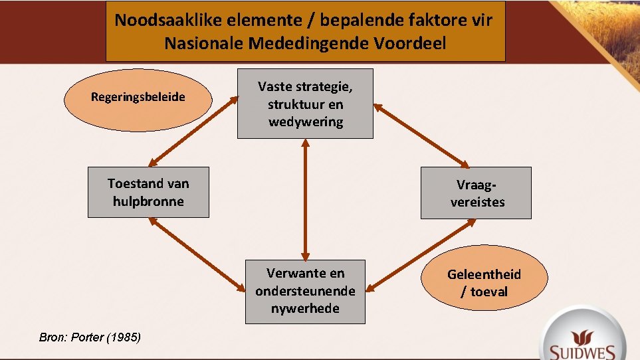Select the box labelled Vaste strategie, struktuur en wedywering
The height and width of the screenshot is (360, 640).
click(x=305, y=104)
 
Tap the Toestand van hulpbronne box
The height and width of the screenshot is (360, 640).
click(x=148, y=192)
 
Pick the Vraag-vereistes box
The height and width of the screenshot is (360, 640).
click(x=477, y=193)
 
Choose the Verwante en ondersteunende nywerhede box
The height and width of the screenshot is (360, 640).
click(x=305, y=291)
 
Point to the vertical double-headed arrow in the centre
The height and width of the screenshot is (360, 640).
click(x=305, y=199)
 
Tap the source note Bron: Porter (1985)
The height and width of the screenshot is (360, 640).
click(x=90, y=337)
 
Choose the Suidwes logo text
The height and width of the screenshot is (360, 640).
click(x=583, y=351)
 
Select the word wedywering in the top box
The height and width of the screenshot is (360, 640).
click(x=305, y=122)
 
